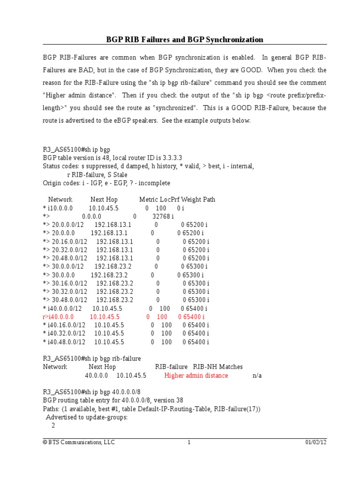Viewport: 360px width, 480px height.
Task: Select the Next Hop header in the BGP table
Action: (x=104, y=199)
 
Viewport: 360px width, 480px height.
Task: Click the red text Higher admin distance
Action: (x=196, y=375)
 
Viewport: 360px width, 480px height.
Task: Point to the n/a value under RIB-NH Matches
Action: (x=257, y=375)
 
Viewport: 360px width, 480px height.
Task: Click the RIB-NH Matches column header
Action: (x=218, y=367)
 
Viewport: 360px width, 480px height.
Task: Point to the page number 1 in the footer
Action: (x=189, y=442)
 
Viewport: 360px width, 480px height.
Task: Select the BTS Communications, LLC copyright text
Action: (x=78, y=442)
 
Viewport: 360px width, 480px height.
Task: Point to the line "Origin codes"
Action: (x=106, y=183)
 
